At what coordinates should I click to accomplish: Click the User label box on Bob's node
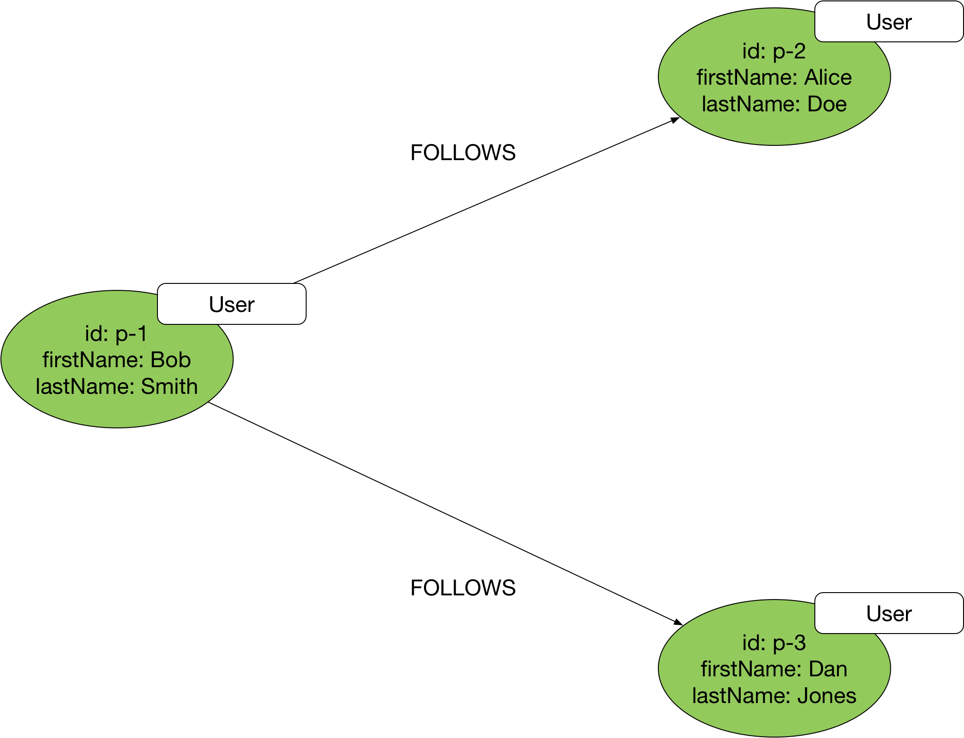coord(232,304)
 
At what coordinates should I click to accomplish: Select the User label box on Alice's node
coord(889,22)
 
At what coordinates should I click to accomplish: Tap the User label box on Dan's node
coord(889,613)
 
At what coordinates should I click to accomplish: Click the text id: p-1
coord(116,334)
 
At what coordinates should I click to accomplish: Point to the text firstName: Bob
coord(116,360)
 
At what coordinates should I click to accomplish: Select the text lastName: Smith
coord(116,386)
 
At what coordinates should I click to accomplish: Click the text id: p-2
coord(774,51)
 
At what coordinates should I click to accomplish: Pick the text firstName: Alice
coord(774,77)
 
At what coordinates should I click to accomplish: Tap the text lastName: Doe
coord(774,104)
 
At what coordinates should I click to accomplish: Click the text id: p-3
coord(774,643)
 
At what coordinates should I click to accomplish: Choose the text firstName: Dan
coord(774,669)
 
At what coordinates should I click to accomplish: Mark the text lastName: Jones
coord(774,696)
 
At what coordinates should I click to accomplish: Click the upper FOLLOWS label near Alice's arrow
coord(463,153)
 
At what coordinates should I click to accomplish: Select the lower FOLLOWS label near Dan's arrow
coord(463,588)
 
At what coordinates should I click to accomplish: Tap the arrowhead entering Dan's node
coord(678,622)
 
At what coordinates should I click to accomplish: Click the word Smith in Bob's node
coord(169,386)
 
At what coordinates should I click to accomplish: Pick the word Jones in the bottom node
coord(826,696)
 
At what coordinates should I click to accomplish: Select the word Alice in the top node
coord(828,77)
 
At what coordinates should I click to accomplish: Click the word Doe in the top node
coord(827,104)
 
